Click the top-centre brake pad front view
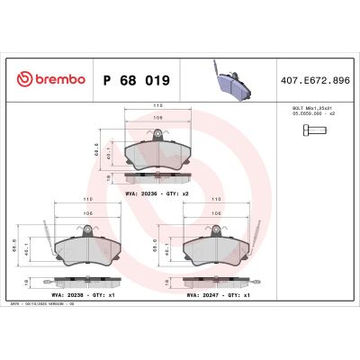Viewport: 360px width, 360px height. click(x=157, y=153)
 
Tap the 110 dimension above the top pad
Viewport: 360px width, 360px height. click(x=157, y=105)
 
